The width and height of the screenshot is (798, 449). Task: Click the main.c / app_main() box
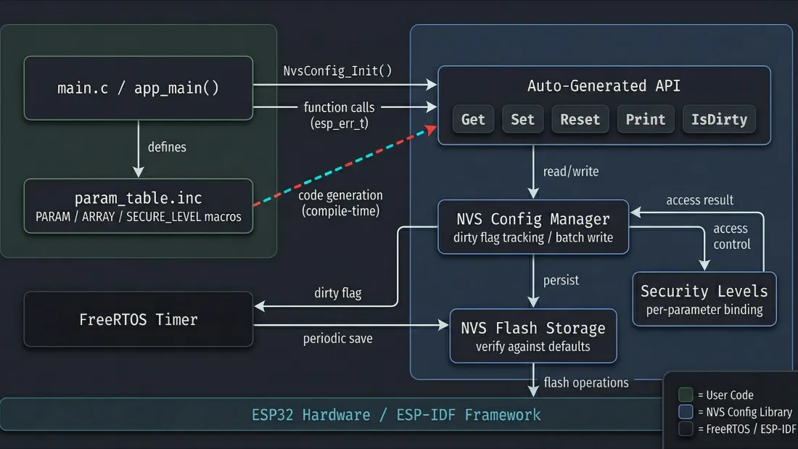coord(138,88)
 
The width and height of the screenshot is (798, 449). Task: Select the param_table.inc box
coord(138,206)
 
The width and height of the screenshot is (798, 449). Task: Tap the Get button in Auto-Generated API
coord(473,120)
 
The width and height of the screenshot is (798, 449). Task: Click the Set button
coord(522,120)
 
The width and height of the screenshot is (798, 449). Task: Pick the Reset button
coord(580,120)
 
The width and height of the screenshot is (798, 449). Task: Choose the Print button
coord(645,120)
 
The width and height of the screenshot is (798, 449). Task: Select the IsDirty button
coord(719,120)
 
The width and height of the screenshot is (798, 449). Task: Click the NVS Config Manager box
coord(533,227)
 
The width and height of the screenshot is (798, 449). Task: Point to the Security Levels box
coord(704,299)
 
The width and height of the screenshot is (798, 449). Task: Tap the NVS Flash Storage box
coord(533,335)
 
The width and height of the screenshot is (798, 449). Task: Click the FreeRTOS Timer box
coord(138,319)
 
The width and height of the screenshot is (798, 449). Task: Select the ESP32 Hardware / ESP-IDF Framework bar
coord(396,415)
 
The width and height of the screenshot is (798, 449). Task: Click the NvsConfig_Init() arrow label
coord(337,70)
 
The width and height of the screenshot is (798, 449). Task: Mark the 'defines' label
coord(167,147)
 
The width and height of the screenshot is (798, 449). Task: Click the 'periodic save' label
coord(337,339)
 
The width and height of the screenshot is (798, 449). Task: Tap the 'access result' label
coord(699,200)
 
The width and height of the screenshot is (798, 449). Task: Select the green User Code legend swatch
coord(686,395)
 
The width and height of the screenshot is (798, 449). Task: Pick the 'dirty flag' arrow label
coord(337,293)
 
